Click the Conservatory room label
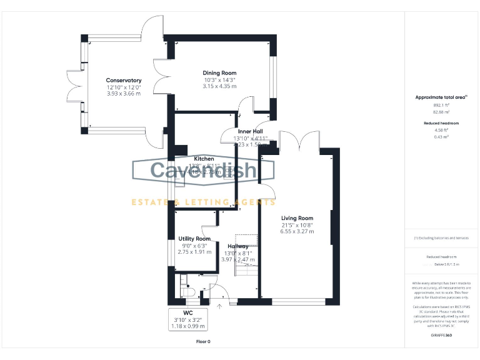click(123, 81)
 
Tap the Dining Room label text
click(219, 73)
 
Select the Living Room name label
click(297, 218)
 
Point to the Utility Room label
click(194, 239)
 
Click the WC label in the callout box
click(187, 312)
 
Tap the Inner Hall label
click(250, 131)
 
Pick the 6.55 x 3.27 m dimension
click(297, 231)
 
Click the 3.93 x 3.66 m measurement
click(123, 94)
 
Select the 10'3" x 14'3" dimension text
click(219, 80)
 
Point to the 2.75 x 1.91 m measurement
click(194, 252)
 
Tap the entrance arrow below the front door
click(219, 306)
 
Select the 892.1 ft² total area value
click(441, 106)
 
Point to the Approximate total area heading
click(441, 97)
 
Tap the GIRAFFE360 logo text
click(441, 336)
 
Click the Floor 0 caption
click(203, 342)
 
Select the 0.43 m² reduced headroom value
click(441, 136)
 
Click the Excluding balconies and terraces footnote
click(441, 238)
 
